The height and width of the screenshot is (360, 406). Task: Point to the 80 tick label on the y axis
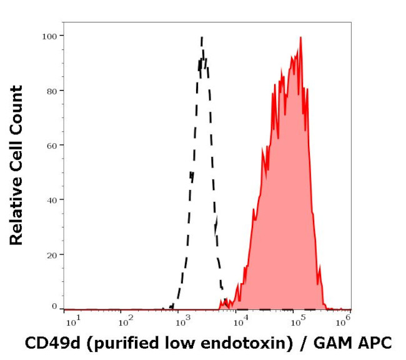point(52,91)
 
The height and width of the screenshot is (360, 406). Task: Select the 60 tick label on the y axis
point(52,145)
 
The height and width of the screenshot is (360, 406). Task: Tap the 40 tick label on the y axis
point(52,200)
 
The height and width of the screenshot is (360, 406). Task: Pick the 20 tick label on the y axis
point(52,254)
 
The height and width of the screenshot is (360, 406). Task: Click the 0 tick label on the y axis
point(55,307)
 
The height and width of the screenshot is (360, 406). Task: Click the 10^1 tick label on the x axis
point(72,321)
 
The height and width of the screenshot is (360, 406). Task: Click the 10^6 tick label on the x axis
point(343,321)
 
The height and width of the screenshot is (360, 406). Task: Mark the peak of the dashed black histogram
point(202,37)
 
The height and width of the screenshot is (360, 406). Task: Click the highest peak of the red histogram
point(300,37)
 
